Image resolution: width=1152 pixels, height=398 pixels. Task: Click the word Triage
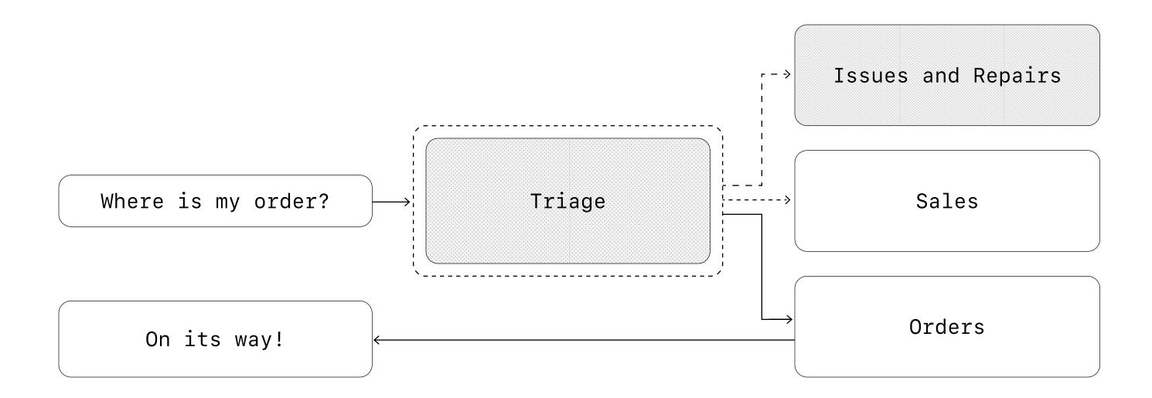tap(567, 202)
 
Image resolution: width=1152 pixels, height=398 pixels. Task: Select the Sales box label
tap(947, 201)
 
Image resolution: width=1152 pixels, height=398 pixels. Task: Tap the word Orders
tap(947, 327)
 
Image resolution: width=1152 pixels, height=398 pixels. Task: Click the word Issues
tap(871, 76)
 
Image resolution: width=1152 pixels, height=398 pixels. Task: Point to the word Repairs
tap(1017, 76)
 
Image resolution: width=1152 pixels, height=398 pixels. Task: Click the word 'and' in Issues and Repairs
tap(941, 76)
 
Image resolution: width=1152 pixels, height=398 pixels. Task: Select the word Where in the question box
tap(132, 201)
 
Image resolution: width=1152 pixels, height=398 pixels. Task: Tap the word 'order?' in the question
tap(291, 201)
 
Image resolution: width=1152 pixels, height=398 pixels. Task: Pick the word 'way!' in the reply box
tap(259, 339)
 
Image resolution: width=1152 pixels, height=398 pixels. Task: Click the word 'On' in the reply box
tap(158, 339)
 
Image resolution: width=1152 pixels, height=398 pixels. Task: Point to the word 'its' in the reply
tap(203, 339)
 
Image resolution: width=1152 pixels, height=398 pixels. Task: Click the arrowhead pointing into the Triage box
tap(407, 202)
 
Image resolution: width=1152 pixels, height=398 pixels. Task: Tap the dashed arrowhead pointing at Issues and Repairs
tap(787, 74)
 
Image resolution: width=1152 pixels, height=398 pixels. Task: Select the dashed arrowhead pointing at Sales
tap(787, 199)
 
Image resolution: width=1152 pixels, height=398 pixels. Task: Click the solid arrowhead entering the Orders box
tap(789, 319)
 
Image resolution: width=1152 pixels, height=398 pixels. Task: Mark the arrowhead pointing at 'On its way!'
tap(377, 340)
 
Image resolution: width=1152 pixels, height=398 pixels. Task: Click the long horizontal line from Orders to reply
tap(584, 340)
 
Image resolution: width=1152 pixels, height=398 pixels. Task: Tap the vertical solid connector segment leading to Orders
tap(762, 267)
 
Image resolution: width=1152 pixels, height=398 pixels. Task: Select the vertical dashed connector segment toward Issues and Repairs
tap(762, 130)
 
